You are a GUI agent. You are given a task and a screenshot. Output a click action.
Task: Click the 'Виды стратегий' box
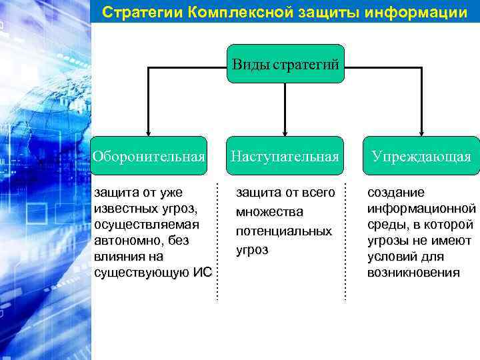click(285, 64)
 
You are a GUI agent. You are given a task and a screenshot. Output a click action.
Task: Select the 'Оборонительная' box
click(148, 157)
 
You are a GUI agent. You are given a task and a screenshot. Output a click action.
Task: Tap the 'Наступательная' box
click(285, 157)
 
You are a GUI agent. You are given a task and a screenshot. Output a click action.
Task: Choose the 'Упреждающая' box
click(421, 157)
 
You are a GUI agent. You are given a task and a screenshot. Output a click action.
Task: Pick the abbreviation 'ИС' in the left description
click(203, 272)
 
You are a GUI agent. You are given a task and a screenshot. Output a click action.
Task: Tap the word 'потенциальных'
click(283, 231)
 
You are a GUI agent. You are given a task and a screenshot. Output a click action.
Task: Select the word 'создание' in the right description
click(396, 193)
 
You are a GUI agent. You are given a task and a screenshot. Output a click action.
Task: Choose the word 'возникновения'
click(413, 273)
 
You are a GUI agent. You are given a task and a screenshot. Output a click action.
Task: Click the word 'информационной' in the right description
click(421, 209)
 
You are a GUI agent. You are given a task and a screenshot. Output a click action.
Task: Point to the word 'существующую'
click(141, 272)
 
